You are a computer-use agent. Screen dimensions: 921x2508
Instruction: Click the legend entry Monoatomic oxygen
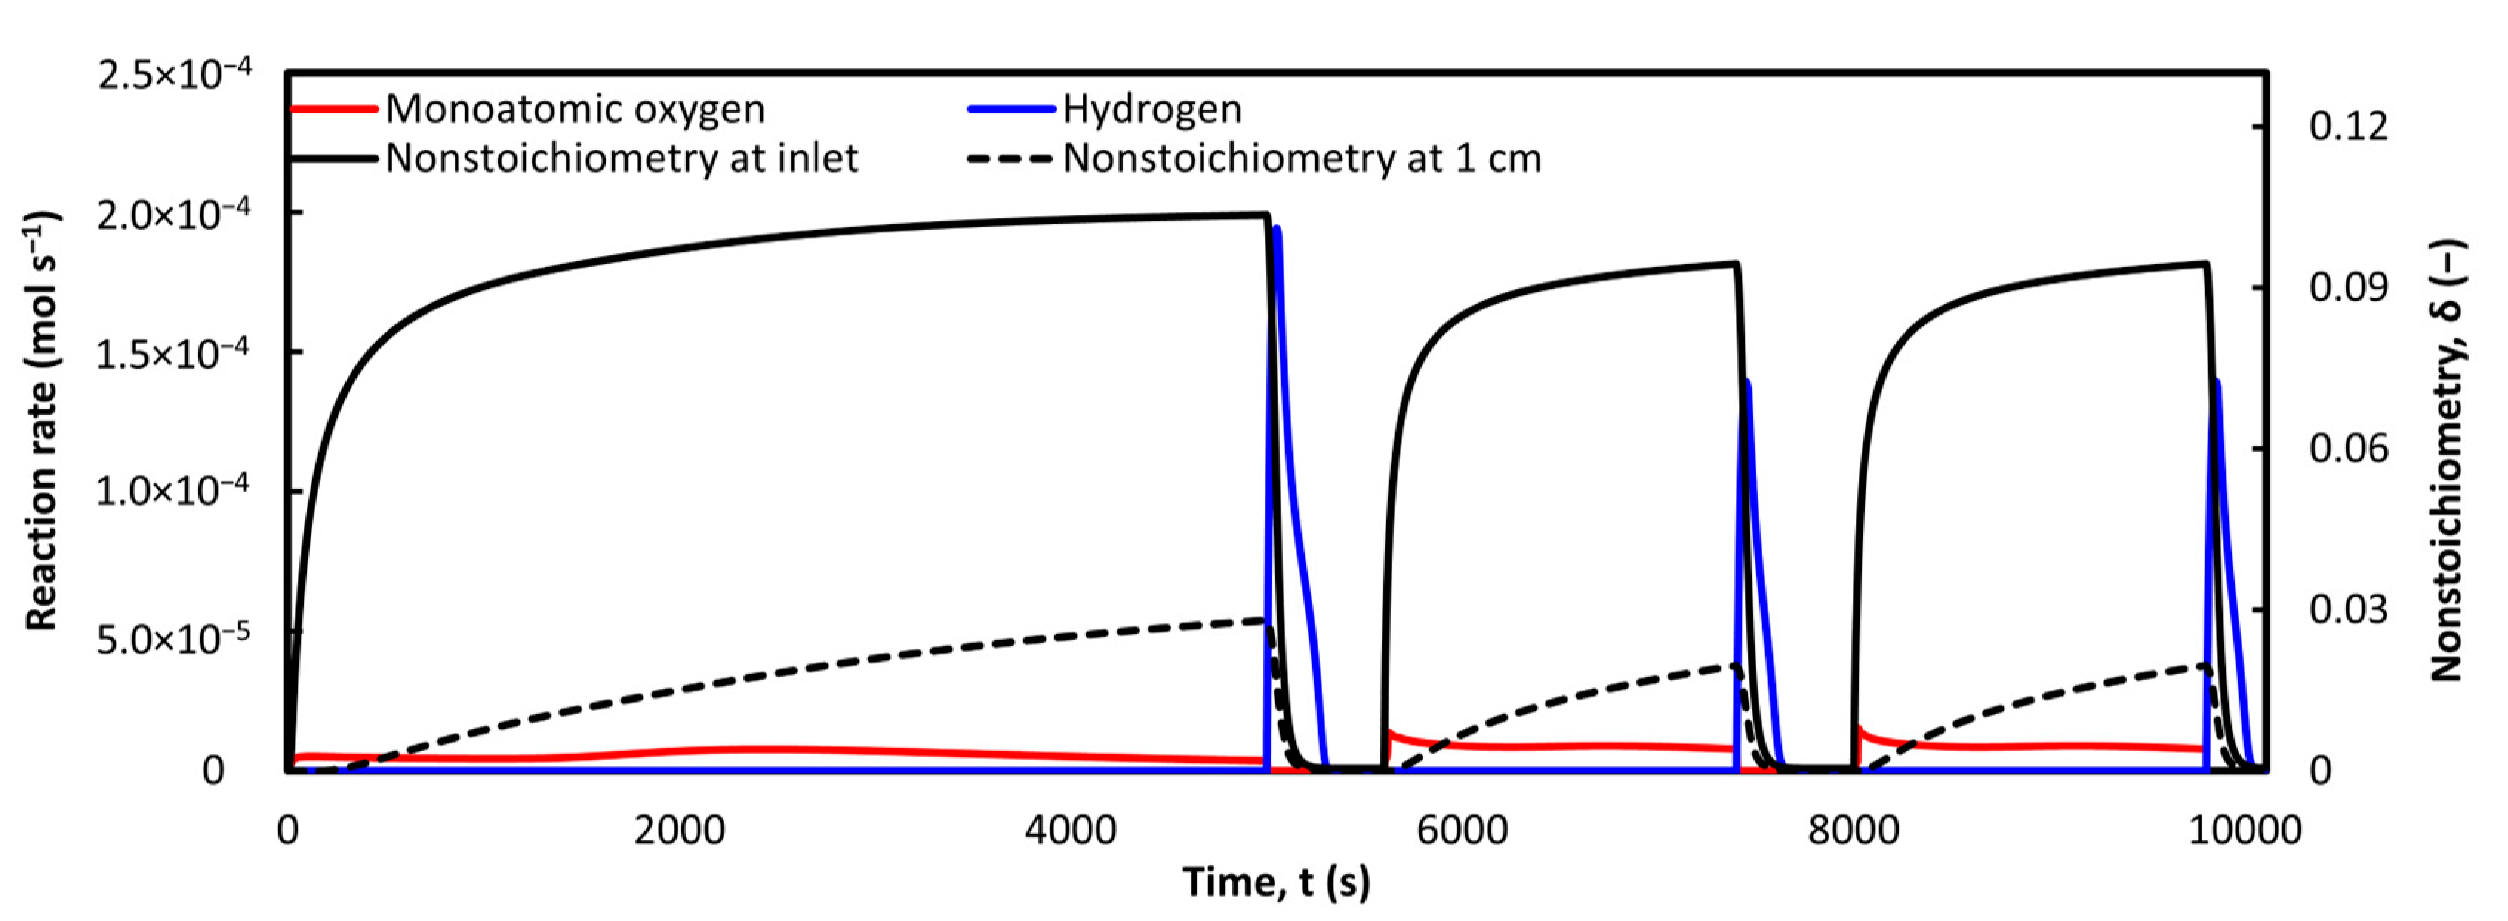[575, 109]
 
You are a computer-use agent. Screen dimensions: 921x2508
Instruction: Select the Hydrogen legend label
[1151, 109]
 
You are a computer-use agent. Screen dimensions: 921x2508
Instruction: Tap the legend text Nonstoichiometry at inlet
[621, 158]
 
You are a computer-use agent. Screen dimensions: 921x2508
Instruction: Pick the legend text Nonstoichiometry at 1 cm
[1302, 158]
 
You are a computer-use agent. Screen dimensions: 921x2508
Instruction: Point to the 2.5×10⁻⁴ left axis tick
[174, 74]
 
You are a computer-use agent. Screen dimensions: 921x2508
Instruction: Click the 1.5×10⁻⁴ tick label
[173, 353]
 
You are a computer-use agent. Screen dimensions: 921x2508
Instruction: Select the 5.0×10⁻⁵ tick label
[173, 640]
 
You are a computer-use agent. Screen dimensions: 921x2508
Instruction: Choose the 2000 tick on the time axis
[680, 831]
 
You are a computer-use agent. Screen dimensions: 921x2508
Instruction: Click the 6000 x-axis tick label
[1462, 831]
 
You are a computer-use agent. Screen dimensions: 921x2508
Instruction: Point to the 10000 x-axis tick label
[2245, 831]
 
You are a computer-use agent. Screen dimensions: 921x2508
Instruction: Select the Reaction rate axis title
[41, 421]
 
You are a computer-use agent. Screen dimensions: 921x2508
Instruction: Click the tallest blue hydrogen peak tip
[1277, 228]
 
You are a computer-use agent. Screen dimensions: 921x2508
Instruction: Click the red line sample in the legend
[334, 109]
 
